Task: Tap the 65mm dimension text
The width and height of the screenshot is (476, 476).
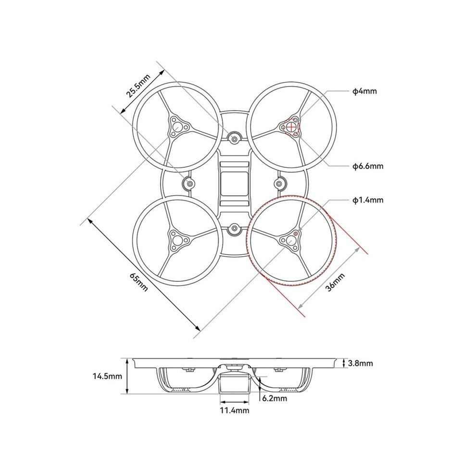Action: click(139, 282)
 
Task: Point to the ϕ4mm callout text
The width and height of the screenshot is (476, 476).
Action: click(364, 91)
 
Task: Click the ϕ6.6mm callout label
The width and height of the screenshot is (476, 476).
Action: click(368, 166)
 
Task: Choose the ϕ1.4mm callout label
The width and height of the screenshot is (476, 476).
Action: click(368, 200)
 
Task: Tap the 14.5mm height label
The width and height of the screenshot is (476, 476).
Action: click(108, 376)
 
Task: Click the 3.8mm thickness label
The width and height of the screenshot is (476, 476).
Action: click(360, 363)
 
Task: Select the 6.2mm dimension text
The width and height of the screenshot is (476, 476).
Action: click(275, 398)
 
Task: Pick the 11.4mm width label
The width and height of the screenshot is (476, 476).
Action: click(235, 411)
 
